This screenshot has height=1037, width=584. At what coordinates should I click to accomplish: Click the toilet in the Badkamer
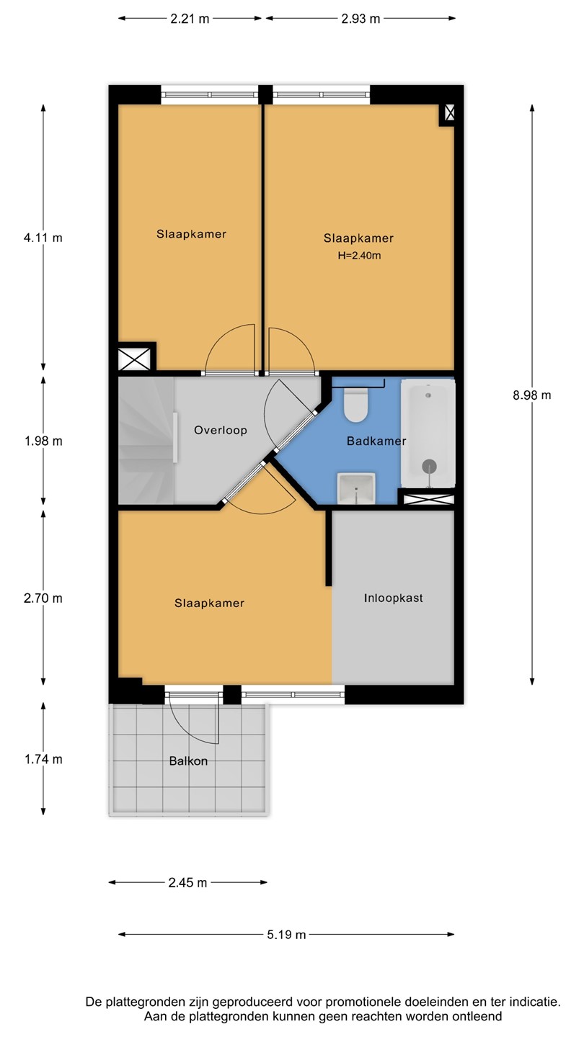pos(356,405)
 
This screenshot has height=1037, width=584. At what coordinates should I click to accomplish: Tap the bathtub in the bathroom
pos(428,434)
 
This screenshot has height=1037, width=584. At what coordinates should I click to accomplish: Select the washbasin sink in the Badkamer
pos(356,489)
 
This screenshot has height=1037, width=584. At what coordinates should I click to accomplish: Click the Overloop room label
pos(220,430)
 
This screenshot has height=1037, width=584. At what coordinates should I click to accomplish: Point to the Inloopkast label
pos(393,598)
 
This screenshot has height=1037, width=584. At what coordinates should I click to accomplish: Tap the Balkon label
pos(188,761)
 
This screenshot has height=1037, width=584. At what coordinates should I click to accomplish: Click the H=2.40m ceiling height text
pos(359,256)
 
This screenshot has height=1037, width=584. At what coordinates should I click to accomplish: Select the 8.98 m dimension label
pos(531,395)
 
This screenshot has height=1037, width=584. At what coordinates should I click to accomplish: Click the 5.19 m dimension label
pos(286,935)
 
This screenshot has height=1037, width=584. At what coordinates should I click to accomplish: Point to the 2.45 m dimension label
pos(187,883)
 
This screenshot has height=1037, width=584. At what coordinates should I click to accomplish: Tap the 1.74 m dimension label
pos(43,760)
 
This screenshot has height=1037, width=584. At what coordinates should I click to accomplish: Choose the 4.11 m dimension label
pos(43,238)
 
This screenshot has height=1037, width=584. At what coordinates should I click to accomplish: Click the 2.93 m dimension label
pos(360,19)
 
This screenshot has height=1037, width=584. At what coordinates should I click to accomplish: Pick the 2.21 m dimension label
pos(190,19)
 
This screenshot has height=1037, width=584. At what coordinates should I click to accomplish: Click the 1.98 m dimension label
pos(43,441)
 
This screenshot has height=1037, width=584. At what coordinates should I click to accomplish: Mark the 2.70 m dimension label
pos(43,598)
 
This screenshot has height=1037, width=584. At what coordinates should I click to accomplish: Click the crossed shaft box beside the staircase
pos(134,359)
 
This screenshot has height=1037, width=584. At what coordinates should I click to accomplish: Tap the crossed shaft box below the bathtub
pos(428,500)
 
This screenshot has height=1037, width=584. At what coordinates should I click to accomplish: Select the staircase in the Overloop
pos(146,440)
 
